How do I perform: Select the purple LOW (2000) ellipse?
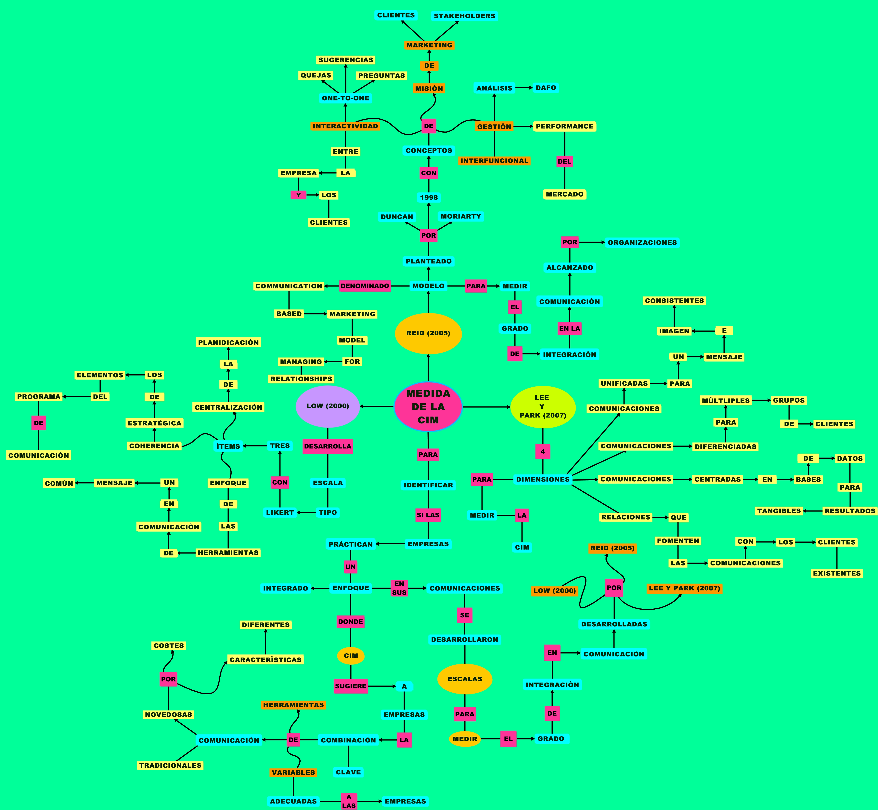pyautogui.click(x=328, y=406)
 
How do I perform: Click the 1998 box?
pyautogui.click(x=429, y=197)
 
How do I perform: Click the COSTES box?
pyautogui.click(x=169, y=646)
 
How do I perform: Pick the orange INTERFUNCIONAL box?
pyautogui.click(x=494, y=161)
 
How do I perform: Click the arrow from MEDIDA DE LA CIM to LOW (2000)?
pyautogui.click(x=377, y=406)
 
